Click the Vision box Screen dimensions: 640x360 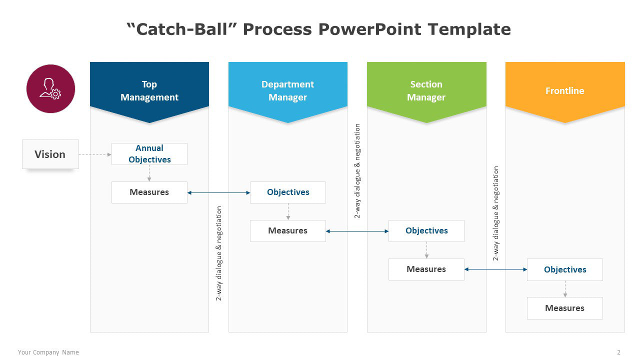click(x=50, y=154)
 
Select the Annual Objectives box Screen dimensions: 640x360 click(x=149, y=153)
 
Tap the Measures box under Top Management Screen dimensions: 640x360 click(x=149, y=192)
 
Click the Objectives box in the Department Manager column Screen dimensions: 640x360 click(x=287, y=192)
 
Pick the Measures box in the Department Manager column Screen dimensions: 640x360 click(x=287, y=231)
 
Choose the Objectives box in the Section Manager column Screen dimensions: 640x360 click(x=426, y=231)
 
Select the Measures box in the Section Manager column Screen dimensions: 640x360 click(x=426, y=269)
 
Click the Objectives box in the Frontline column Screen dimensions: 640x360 click(x=565, y=269)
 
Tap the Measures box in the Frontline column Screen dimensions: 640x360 click(x=565, y=308)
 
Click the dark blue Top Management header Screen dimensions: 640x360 click(x=149, y=91)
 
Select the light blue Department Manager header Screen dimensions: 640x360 click(x=287, y=91)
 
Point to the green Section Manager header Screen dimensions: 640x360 click(x=426, y=91)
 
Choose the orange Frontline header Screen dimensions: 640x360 click(x=565, y=91)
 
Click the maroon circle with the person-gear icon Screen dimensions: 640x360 click(x=50, y=88)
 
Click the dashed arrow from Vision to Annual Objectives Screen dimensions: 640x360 click(x=95, y=154)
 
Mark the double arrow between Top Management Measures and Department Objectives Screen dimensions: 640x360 click(x=218, y=193)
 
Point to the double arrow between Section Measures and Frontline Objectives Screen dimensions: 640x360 click(x=495, y=269)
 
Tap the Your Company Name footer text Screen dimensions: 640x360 click(x=48, y=352)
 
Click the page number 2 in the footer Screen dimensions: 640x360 click(x=618, y=352)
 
